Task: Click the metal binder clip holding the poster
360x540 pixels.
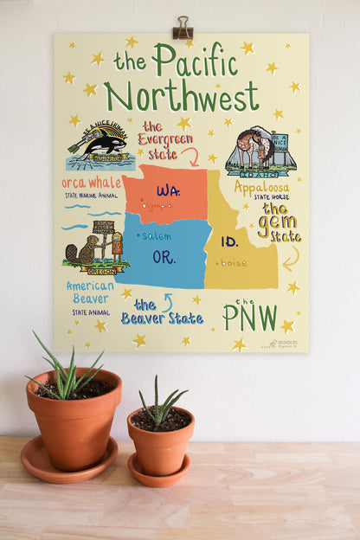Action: click(182, 29)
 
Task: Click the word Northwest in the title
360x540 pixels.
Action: click(181, 95)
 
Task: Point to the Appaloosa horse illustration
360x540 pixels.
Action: click(251, 149)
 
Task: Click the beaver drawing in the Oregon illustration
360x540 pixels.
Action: click(79, 253)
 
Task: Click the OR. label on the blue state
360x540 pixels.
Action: click(164, 257)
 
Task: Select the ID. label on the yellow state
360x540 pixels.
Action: click(229, 241)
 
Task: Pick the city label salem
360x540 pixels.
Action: click(157, 235)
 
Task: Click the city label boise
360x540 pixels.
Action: click(233, 262)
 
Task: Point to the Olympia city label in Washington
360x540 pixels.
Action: click(157, 206)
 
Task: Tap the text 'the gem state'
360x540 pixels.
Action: click(279, 222)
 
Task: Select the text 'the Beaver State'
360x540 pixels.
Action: click(162, 312)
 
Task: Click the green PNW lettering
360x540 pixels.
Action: click(250, 317)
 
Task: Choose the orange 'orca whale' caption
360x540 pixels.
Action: click(92, 183)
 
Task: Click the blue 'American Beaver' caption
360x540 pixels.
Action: click(91, 292)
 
